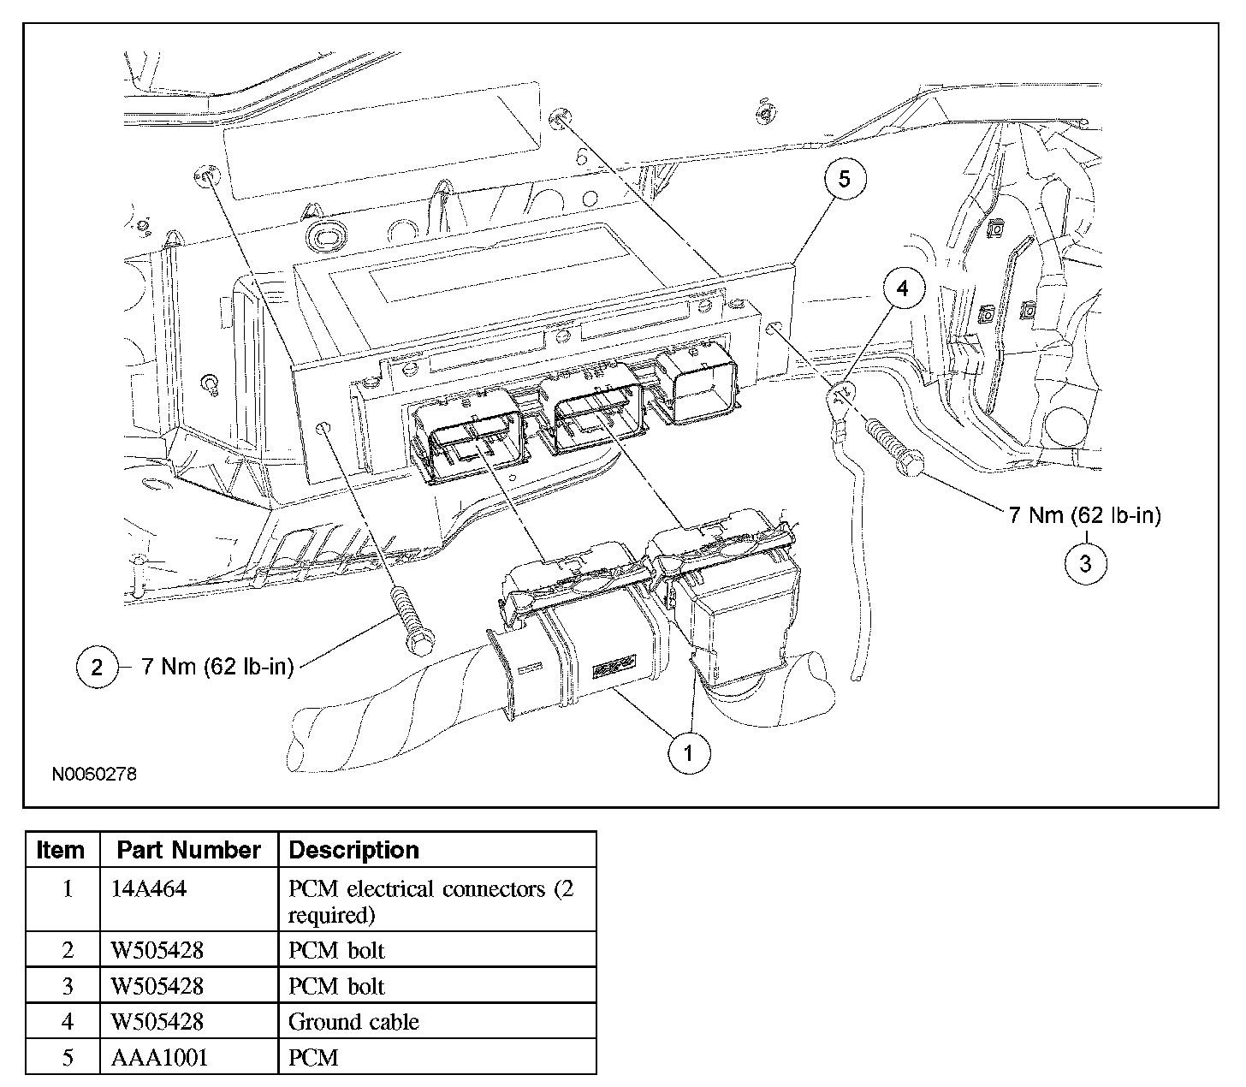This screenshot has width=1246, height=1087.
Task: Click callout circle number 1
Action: point(689,753)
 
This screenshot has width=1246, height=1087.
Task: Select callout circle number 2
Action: point(97,668)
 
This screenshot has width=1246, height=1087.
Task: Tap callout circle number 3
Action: point(1086,564)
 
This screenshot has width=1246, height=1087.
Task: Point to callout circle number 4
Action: point(903,288)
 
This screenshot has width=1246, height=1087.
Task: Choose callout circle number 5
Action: point(845,179)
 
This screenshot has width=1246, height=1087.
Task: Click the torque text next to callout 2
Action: point(218,667)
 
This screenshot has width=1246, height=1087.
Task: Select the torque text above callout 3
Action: point(1084,515)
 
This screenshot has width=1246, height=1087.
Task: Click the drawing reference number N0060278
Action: point(94,775)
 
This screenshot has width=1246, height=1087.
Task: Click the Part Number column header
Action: point(189,850)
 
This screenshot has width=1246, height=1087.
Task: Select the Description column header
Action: point(353,850)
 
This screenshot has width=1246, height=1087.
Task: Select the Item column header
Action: point(60,850)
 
